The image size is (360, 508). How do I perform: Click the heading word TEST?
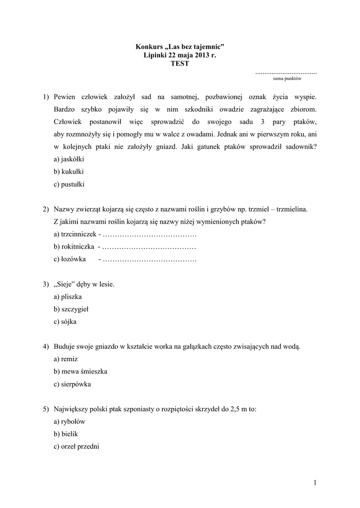coord(180,64)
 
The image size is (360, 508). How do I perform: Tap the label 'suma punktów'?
coord(287,78)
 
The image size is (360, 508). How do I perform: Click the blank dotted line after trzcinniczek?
coord(150,234)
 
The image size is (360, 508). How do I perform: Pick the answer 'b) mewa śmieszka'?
coord(80,371)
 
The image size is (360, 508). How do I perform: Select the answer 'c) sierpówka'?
coord(72,384)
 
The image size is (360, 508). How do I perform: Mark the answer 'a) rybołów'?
coord(70,421)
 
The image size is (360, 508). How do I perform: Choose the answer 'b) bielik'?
coord(66,434)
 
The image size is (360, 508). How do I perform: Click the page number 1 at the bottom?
coord(315,482)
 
